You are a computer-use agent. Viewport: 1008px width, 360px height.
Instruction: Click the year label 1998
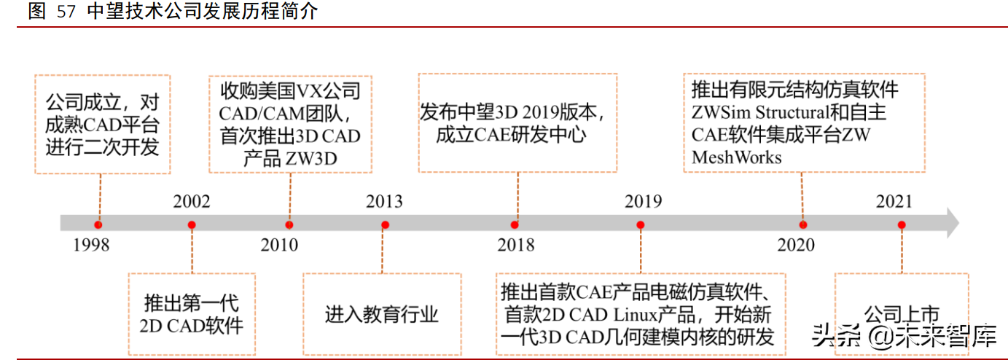[x=91, y=246]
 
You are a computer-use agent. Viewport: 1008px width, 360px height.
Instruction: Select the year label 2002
[x=192, y=202]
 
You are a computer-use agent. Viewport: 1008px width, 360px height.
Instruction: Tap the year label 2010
[x=279, y=246]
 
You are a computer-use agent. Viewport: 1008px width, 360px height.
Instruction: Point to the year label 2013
[x=384, y=202]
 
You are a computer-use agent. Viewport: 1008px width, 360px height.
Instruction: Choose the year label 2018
[x=516, y=246]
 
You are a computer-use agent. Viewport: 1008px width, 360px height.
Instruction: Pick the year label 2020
[x=796, y=246]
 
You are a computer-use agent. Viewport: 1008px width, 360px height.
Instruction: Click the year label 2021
[x=894, y=202]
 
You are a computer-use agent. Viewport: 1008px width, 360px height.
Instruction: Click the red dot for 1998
[x=98, y=224]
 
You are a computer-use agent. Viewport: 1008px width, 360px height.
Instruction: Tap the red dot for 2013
[x=385, y=224]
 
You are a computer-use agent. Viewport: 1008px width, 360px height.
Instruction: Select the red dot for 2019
[x=640, y=224]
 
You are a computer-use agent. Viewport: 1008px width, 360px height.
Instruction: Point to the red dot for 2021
[x=902, y=224]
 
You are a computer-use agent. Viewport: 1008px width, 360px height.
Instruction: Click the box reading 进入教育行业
[x=382, y=314]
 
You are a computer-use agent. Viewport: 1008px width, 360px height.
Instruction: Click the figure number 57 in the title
[x=66, y=12]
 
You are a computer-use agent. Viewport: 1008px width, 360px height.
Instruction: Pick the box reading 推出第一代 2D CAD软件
[x=192, y=314]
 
